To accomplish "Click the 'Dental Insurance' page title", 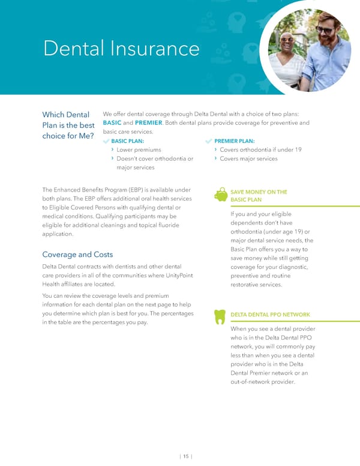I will tap(121, 47).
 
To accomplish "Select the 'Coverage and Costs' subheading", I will tap(77, 254).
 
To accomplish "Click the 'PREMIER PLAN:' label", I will tap(234, 141).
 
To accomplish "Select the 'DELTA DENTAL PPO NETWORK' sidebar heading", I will tap(270, 315).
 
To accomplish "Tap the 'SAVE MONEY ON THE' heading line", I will tap(258, 192).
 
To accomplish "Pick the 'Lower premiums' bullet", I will tap(139, 150).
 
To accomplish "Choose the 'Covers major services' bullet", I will tap(248, 159).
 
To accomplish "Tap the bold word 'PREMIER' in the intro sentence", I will tap(149, 124).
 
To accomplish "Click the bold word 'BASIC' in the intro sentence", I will tap(112, 124).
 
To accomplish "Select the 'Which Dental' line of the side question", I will tap(66, 115).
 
